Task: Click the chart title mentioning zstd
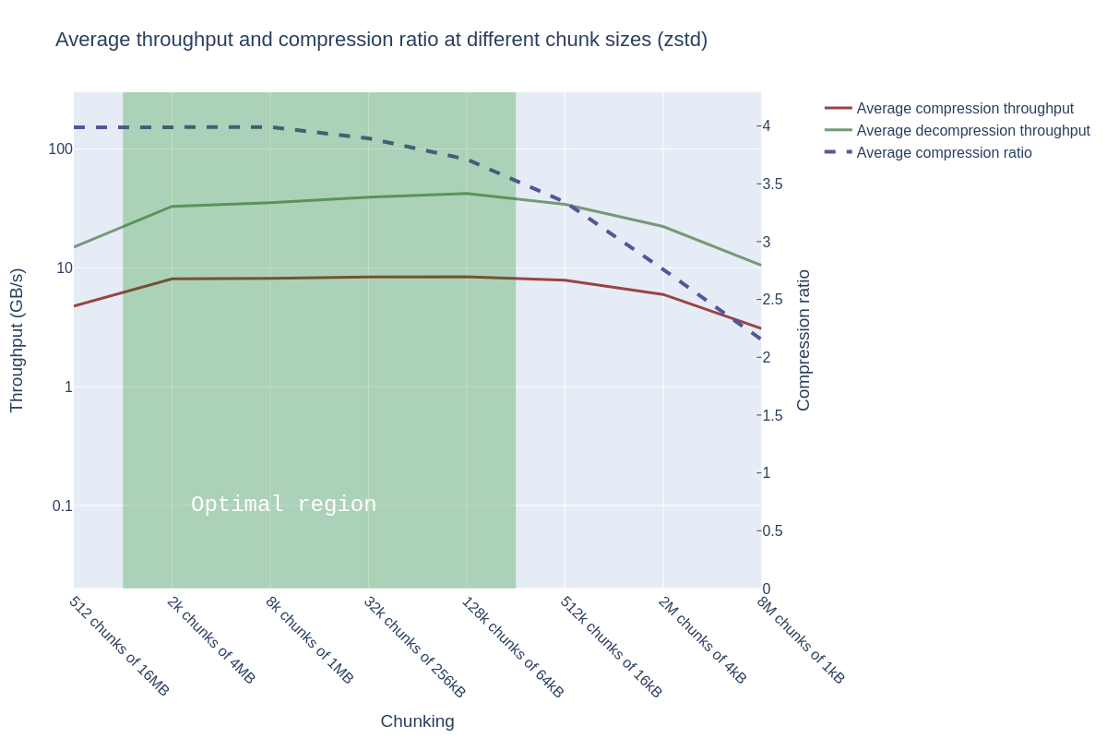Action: click(381, 40)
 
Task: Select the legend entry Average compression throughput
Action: click(964, 109)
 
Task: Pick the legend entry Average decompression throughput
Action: click(972, 131)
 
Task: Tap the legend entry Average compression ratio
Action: click(944, 153)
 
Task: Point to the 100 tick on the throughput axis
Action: click(60, 149)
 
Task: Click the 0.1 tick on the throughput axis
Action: click(62, 506)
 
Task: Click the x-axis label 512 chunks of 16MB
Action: click(119, 646)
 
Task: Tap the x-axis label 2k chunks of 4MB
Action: click(211, 639)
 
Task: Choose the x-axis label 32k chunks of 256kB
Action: click(415, 647)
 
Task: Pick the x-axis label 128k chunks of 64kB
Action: click(513, 647)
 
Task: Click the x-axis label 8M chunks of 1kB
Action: click(801, 639)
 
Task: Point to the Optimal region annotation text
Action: click(283, 505)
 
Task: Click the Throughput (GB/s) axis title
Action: click(17, 339)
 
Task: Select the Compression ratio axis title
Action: click(803, 339)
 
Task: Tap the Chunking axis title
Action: click(417, 721)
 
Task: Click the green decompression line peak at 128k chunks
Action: click(467, 194)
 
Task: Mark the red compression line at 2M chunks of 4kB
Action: click(663, 294)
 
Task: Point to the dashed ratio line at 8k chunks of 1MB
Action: click(270, 127)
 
